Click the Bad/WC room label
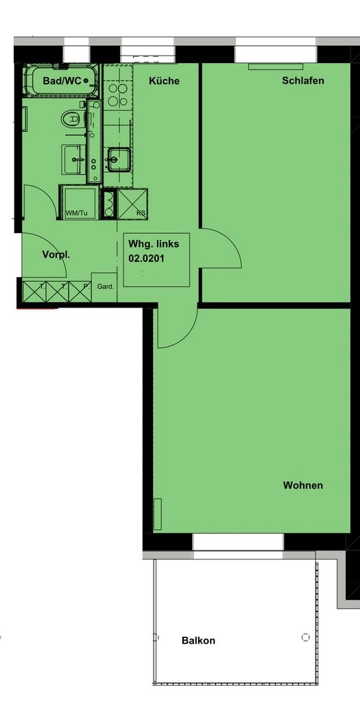tap(62, 81)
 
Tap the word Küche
tap(164, 81)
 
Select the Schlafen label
tap(302, 81)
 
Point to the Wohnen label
tap(302, 485)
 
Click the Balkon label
tap(198, 641)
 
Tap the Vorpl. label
tap(56, 255)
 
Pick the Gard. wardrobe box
tap(104, 287)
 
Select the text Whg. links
tap(154, 245)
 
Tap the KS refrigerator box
tap(132, 203)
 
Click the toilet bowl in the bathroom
tap(71, 119)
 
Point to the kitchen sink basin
tap(118, 159)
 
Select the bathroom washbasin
tap(73, 159)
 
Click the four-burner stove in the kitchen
tap(118, 95)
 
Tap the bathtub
tap(61, 81)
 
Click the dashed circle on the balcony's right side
tap(305, 637)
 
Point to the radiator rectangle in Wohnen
tap(157, 514)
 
